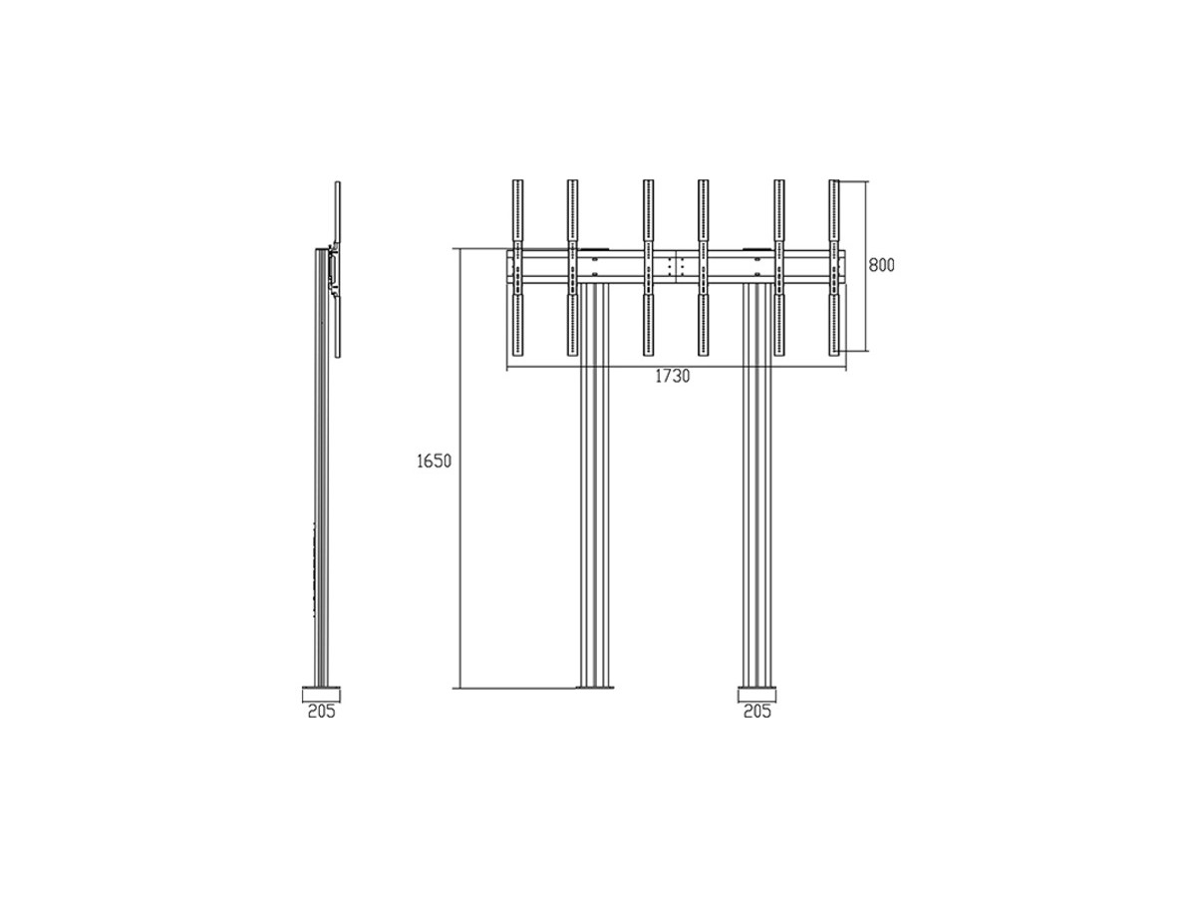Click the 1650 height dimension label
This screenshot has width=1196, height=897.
coord(434,461)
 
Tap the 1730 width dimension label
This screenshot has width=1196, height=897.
coord(672,377)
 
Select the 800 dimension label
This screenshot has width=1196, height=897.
coord(881,265)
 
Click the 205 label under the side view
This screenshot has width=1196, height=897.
coord(322,711)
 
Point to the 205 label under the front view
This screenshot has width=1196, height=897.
coord(757,711)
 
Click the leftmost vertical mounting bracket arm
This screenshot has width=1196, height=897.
coord(517,268)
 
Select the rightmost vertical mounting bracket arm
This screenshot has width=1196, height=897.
coord(834,268)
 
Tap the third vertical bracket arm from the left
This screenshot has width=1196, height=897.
coord(648,268)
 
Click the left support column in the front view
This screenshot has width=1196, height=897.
coord(594,484)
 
